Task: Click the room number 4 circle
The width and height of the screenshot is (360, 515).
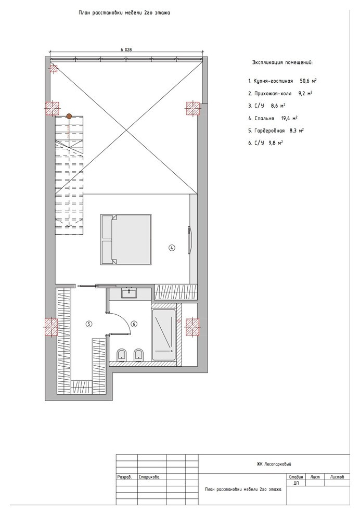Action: tap(172, 248)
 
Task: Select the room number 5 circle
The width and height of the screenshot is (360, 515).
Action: tap(88, 324)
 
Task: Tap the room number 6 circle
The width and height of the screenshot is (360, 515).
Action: tap(134, 324)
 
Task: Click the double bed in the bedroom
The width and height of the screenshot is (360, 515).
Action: tap(126, 239)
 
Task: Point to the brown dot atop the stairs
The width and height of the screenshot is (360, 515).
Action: tap(69, 116)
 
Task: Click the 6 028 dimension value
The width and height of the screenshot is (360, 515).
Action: tap(126, 49)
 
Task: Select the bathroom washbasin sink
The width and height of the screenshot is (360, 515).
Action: tap(129, 293)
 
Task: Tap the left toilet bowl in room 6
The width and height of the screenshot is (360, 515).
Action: tap(122, 354)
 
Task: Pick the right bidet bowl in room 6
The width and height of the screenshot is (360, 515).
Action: tap(138, 354)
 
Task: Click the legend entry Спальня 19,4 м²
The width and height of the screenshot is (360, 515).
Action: tap(273, 118)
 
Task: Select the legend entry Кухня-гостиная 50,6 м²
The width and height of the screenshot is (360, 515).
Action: tap(282, 81)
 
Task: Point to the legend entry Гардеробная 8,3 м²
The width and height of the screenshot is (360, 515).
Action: tap(276, 131)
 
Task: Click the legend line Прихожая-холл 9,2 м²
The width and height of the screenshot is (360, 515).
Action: tap(280, 93)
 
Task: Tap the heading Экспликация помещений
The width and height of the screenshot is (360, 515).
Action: tap(282, 62)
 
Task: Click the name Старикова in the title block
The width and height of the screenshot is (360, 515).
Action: tap(149, 477)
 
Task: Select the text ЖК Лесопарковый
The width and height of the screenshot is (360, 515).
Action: tap(274, 464)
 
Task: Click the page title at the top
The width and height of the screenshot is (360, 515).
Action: tap(124, 13)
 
